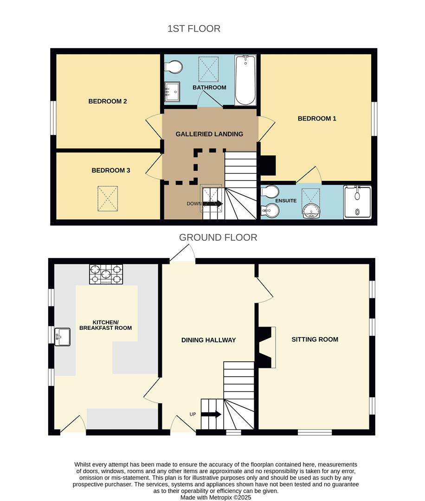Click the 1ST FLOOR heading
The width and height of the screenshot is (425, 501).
pyautogui.click(x=194, y=29)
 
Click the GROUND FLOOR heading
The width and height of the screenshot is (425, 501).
pyautogui.click(x=218, y=238)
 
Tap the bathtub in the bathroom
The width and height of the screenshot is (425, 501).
pyautogui.click(x=245, y=80)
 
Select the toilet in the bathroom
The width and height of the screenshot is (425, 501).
pyautogui.click(x=173, y=67)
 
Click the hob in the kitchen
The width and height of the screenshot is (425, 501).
pyautogui.click(x=106, y=274)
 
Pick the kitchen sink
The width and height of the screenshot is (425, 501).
pyautogui.click(x=62, y=337)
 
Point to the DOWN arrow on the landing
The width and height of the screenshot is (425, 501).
pyautogui.click(x=212, y=204)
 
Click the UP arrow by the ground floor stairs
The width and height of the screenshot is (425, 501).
pyautogui.click(x=211, y=414)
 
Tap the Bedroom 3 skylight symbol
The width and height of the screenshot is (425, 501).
pyautogui.click(x=108, y=198)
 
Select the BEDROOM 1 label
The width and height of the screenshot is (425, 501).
pyautogui.click(x=317, y=119)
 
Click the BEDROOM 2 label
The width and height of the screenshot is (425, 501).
pyautogui.click(x=108, y=101)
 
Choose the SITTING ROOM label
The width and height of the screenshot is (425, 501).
pyautogui.click(x=315, y=340)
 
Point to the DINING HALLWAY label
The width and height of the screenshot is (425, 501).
pyautogui.click(x=208, y=340)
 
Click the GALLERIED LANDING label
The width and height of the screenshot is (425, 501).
pyautogui.click(x=209, y=134)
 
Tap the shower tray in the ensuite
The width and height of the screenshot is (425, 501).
pyautogui.click(x=357, y=202)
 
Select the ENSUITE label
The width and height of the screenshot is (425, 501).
pyautogui.click(x=286, y=201)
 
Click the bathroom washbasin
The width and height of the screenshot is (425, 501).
pyautogui.click(x=173, y=90)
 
